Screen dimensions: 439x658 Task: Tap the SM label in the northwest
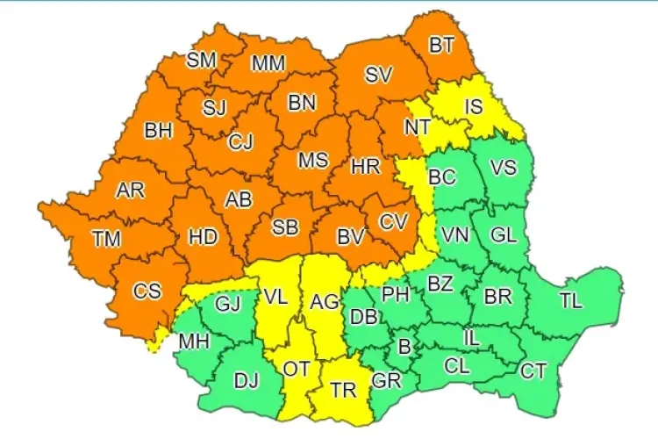[204, 60]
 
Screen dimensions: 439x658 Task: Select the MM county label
[268, 64]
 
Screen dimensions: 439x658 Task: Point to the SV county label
[378, 76]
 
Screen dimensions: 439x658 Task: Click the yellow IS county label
[474, 107]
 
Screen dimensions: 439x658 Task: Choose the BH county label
[159, 132]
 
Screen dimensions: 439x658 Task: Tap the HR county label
[364, 166]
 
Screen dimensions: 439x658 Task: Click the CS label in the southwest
[147, 290]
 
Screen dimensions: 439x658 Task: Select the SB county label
[285, 227]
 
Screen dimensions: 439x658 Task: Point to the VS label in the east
[504, 168]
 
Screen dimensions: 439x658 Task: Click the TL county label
[570, 300]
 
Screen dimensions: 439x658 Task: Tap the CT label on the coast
[533, 371]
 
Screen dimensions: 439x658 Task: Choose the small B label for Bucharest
[404, 348]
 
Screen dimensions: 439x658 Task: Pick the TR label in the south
[342, 386]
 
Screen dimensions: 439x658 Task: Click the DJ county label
[246, 381]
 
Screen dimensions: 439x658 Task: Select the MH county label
[194, 341]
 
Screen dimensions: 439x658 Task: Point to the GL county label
[504, 234]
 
